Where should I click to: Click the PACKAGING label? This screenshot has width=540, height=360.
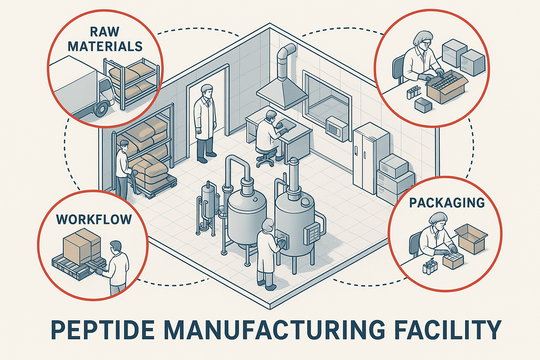point(447,203)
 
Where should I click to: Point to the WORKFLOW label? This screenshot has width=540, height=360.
point(94,220)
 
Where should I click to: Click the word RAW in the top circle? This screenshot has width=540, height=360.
point(105,32)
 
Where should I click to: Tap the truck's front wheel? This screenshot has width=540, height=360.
point(101,109)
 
